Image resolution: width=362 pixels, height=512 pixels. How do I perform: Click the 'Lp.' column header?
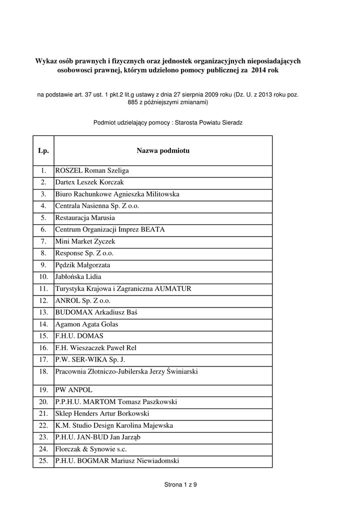point(43,150)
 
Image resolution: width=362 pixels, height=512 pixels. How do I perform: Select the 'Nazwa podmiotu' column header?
point(163,150)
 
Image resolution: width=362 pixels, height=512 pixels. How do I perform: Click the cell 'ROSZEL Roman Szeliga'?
point(92,170)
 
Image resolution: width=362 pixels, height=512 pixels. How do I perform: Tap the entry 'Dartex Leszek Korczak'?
point(89,182)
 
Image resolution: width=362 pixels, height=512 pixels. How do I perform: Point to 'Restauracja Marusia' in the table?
point(85,218)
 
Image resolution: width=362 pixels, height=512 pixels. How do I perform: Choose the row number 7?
point(43,241)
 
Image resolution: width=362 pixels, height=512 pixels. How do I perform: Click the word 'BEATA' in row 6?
point(153,229)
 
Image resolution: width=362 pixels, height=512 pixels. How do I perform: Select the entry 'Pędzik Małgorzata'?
point(82,265)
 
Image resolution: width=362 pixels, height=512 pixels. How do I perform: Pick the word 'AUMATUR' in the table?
point(173,288)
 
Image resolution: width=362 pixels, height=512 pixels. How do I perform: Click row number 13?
point(43,312)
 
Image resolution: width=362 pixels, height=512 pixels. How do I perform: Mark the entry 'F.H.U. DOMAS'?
point(79,336)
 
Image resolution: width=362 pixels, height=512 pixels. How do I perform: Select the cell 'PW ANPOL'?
point(74,389)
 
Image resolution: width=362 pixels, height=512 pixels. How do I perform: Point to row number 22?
point(43,425)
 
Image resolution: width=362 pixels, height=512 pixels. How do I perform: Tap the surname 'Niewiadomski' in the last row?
point(157,461)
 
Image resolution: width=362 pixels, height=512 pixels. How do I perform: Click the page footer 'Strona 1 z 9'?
point(180,484)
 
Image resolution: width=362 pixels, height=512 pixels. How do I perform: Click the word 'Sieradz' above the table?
point(231,122)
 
